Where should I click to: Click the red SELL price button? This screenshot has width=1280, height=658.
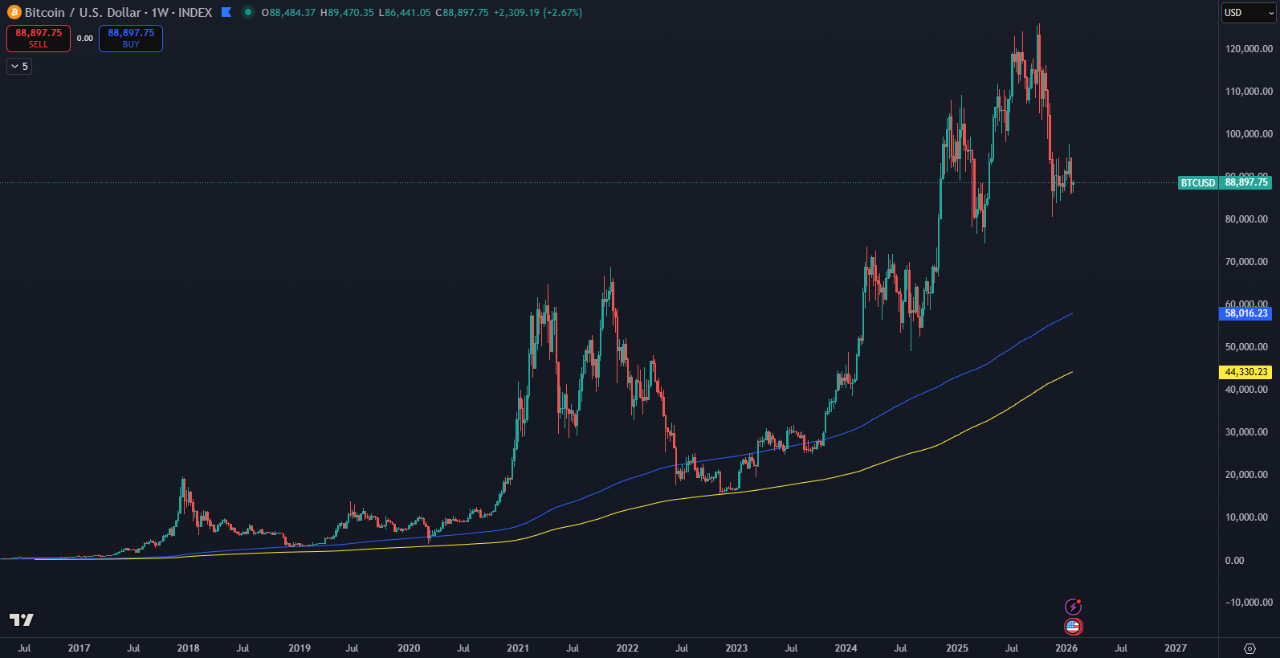39,38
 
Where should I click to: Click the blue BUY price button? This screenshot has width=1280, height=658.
131,38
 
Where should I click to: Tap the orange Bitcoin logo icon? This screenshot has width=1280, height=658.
14,12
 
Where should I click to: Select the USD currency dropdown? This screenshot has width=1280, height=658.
1248,13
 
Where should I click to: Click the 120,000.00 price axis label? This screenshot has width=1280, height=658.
1249,49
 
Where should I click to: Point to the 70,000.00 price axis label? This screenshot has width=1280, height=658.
1246,262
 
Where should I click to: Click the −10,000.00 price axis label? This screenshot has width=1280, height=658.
1249,603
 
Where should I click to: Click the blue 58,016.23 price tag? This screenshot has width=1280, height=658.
1245,313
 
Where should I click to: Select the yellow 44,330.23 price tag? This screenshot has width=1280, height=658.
1245,372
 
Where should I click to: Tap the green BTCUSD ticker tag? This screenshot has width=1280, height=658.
1197,183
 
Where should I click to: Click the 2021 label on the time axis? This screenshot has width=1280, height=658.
518,648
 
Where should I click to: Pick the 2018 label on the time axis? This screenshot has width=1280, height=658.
188,648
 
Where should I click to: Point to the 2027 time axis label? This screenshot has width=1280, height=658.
1176,648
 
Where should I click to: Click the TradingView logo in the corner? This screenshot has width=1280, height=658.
22,619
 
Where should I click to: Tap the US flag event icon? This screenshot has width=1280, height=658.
1073,627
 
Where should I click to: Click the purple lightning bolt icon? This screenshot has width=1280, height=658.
1073,607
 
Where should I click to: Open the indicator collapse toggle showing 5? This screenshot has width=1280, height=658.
19,67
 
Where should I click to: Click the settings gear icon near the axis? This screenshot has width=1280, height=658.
1249,648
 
